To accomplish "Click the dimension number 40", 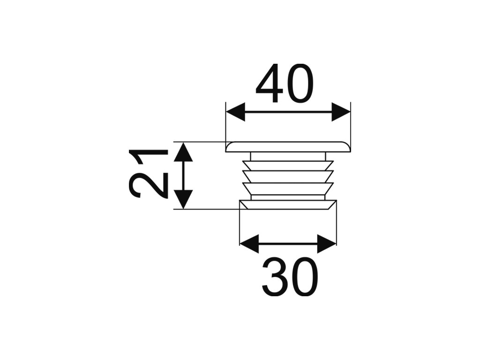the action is click(285, 83).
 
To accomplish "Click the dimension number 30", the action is click(290, 277).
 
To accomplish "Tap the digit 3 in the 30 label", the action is click(275, 277).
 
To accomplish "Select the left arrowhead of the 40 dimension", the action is click(235, 112).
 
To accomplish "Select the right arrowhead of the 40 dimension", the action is click(341, 112).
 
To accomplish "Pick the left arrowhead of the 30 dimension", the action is click(249, 244).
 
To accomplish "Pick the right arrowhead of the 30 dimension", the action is click(327, 244).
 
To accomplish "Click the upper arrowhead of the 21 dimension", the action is click(183, 152).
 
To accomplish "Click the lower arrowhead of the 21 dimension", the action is click(183, 200).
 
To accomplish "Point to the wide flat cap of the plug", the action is click(288, 147).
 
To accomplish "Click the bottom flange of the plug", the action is click(288, 205).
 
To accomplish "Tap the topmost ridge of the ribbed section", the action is click(288, 165).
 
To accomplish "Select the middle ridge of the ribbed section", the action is click(288, 177).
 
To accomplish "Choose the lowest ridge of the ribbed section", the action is click(288, 188).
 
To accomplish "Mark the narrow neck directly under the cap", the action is click(288, 156).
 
